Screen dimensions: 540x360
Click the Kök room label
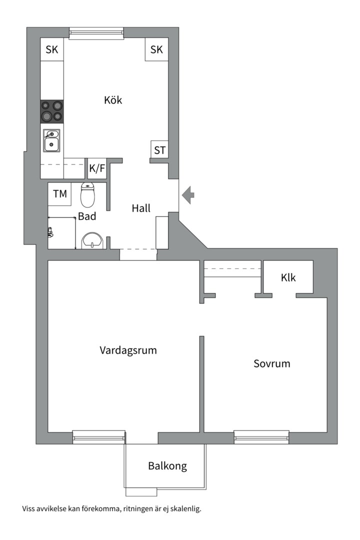[x=113, y=100]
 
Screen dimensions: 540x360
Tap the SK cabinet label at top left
[x=52, y=49]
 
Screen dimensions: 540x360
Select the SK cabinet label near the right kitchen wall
[x=156, y=49]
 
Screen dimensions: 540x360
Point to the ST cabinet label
[x=159, y=149]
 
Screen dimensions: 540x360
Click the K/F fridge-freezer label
[x=97, y=168]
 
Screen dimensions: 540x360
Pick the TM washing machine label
[x=59, y=193]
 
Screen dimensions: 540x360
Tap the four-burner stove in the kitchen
[x=52, y=111]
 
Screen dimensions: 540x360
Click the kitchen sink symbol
[x=51, y=140]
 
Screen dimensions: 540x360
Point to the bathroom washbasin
[x=92, y=240]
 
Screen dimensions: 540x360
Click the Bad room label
[x=87, y=217]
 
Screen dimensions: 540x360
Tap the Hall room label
[x=141, y=208]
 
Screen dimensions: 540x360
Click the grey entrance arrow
[x=188, y=194]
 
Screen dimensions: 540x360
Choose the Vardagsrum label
[x=128, y=350]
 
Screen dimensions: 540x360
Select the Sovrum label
[x=271, y=363]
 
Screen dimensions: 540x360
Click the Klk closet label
[x=288, y=277]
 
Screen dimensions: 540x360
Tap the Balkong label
[x=167, y=466]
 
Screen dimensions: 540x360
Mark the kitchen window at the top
[x=96, y=33]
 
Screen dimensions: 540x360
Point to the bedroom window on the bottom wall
[x=261, y=437]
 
